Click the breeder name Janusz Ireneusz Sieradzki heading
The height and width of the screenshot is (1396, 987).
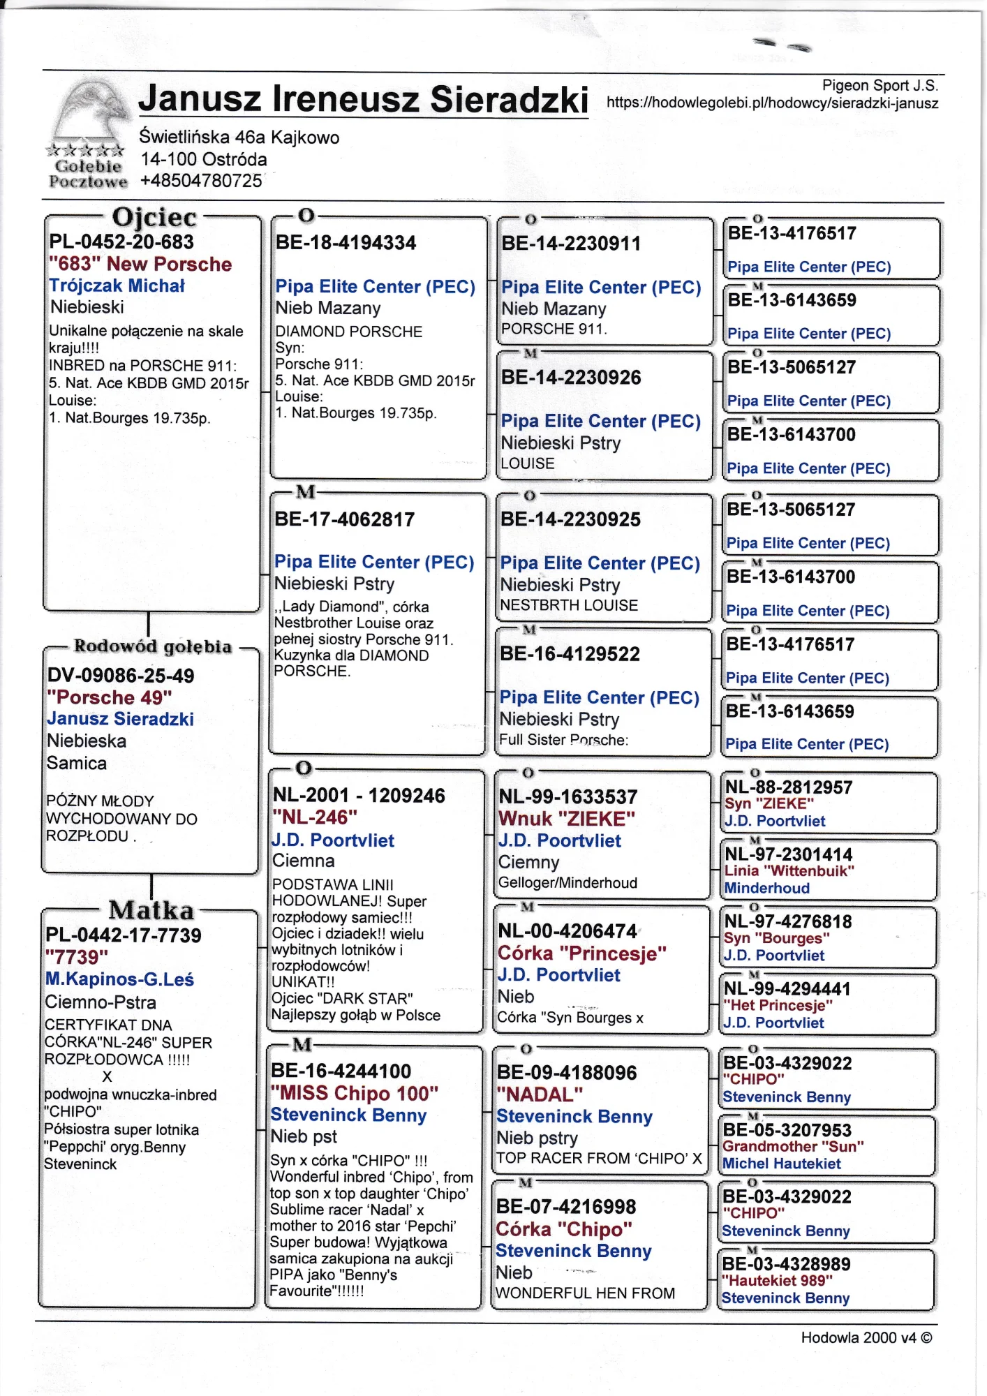(363, 99)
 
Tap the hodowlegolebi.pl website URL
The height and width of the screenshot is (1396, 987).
(772, 103)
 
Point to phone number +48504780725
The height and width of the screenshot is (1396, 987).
(201, 181)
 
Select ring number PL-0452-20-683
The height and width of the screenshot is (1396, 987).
(121, 242)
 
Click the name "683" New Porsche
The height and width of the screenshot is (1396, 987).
(140, 264)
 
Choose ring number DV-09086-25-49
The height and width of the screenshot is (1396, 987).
(121, 675)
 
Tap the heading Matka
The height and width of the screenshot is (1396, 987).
(151, 909)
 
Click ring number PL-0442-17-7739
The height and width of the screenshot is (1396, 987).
(124, 935)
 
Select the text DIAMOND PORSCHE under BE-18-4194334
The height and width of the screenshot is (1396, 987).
(348, 332)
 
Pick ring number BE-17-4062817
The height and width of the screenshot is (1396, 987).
(345, 519)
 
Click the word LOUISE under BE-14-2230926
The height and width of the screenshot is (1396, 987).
(528, 463)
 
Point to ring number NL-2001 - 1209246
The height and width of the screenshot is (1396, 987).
(359, 795)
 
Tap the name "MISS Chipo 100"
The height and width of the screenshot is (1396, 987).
(355, 1092)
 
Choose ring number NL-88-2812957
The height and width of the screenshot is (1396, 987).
(789, 787)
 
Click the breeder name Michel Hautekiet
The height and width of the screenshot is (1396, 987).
(782, 1164)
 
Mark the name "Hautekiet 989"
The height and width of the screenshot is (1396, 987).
(777, 1280)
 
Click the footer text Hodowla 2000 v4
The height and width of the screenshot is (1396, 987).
(866, 1337)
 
